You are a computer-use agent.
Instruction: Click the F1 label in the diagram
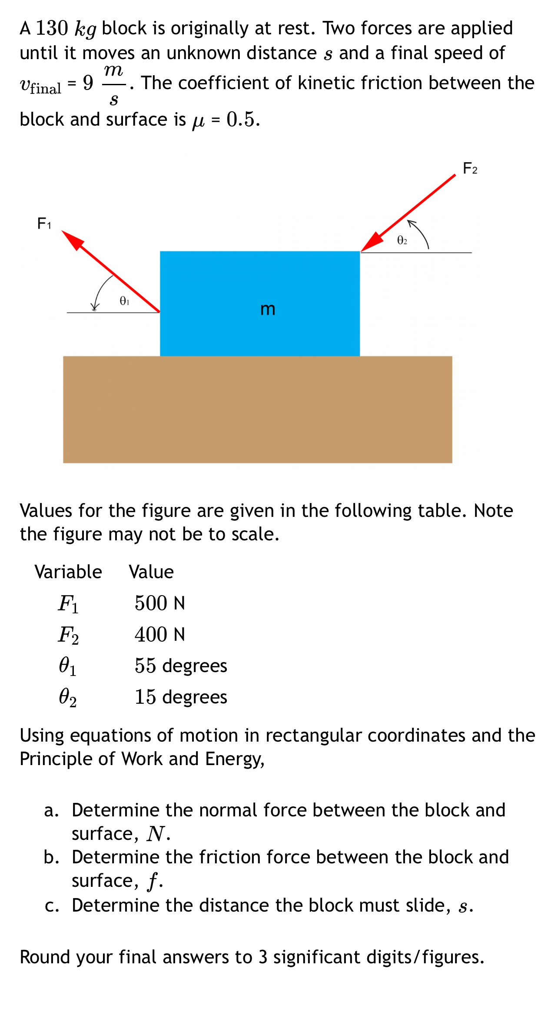tap(44, 223)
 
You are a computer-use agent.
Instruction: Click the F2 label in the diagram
tap(470, 168)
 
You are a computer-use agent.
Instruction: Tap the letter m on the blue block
tap(268, 309)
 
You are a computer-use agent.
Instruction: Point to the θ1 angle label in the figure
tap(124, 301)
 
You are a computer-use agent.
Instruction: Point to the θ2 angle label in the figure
tap(402, 240)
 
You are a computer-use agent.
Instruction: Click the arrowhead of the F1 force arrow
tap(73, 240)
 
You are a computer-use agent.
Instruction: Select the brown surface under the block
tap(257, 409)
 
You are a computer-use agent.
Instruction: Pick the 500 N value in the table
tap(159, 603)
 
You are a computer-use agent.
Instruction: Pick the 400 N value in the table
tap(159, 635)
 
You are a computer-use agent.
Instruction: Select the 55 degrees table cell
tap(181, 666)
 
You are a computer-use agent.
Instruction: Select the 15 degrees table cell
tap(181, 697)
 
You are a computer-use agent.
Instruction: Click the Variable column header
tap(68, 572)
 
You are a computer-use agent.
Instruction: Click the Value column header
tap(151, 572)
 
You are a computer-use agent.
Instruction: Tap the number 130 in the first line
tap(52, 29)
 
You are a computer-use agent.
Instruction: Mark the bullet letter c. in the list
tap(52, 905)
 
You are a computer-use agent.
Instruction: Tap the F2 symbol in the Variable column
tap(69, 635)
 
